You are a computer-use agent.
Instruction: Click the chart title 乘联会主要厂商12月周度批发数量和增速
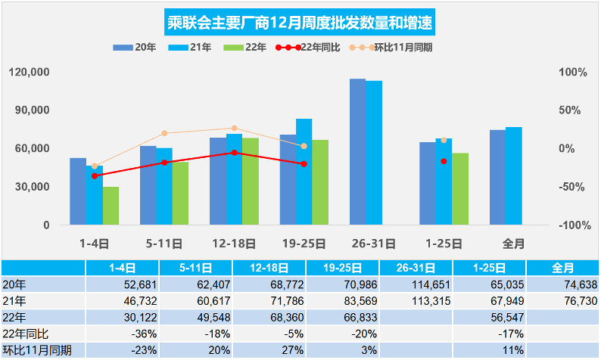pyautogui.click(x=300, y=20)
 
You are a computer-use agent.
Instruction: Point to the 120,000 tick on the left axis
pyautogui.click(x=30, y=73)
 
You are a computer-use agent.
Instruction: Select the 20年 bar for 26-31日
pyautogui.click(x=357, y=151)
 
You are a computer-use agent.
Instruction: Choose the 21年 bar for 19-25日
pyautogui.click(x=304, y=172)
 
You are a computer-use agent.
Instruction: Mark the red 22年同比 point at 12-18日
pyautogui.click(x=234, y=153)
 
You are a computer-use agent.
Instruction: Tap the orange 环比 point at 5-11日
pyautogui.click(x=164, y=133)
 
